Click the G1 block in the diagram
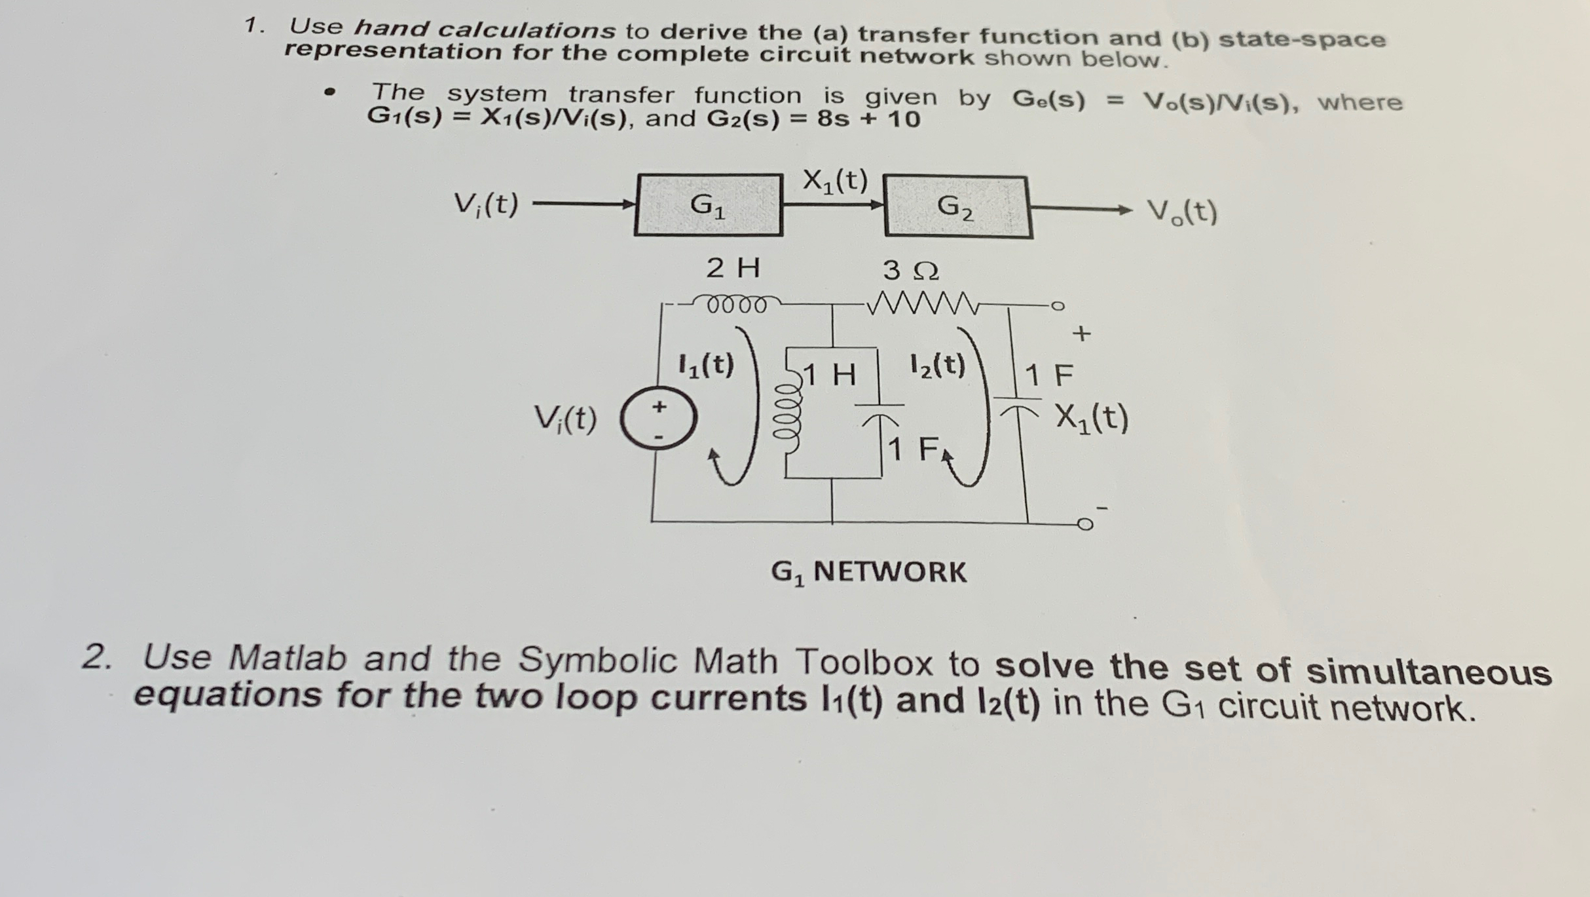coord(709,205)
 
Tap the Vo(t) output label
coord(1182,212)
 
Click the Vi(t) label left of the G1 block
coord(486,204)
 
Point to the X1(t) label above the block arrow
coord(835,180)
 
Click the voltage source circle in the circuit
coord(658,419)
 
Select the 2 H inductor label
coord(733,268)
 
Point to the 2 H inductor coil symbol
coord(736,305)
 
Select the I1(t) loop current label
coord(705,365)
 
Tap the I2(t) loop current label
coord(938,365)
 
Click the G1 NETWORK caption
coord(868,572)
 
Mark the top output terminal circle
coord(1057,306)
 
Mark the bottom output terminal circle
coord(1085,524)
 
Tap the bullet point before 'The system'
coord(330,92)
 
